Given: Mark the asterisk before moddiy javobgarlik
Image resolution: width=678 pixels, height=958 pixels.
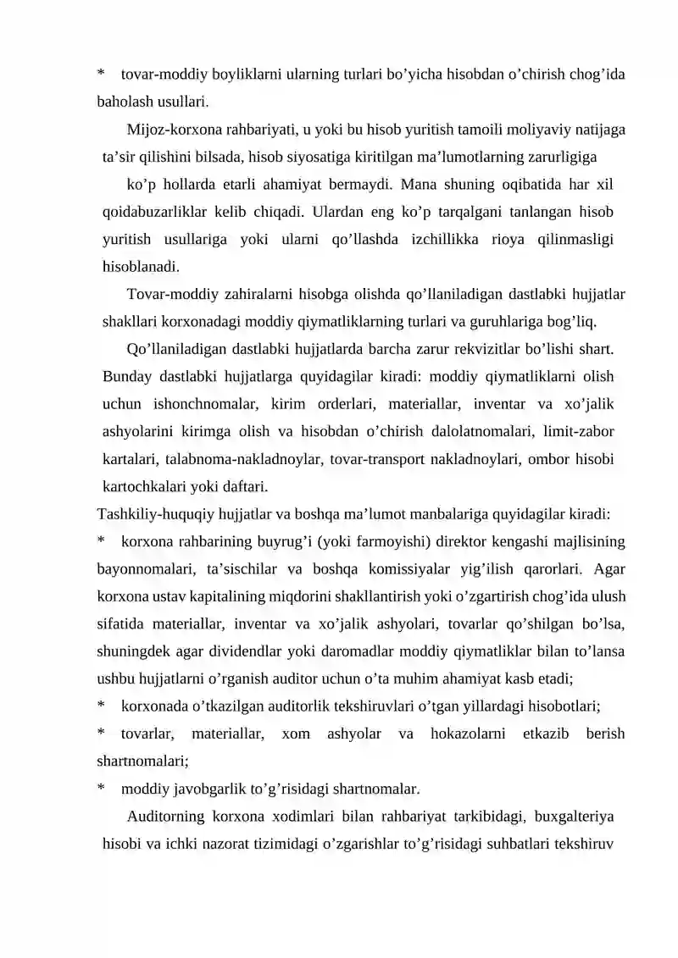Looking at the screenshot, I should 102,789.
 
